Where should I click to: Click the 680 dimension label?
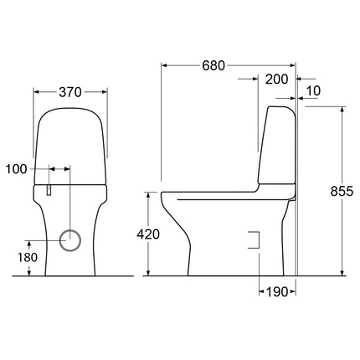click(213, 65)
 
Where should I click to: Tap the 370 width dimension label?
click(70, 92)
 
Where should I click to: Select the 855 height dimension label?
click(342, 191)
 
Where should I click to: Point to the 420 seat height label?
click(148, 234)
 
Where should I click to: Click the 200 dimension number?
click(276, 80)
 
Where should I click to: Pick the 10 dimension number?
click(313, 91)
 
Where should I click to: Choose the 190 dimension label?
click(276, 292)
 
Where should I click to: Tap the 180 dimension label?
click(28, 257)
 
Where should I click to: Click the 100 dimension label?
click(17, 169)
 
